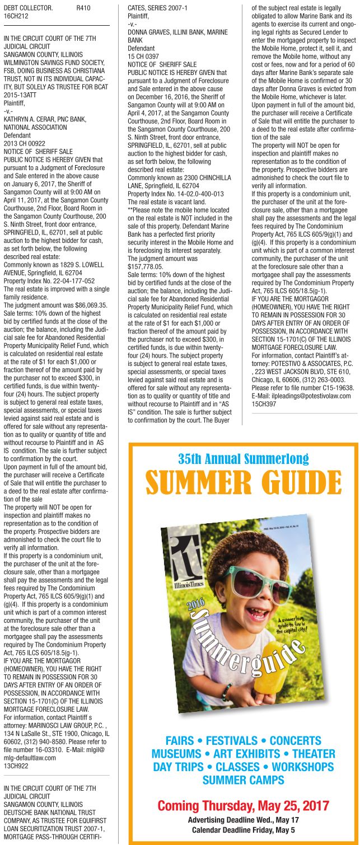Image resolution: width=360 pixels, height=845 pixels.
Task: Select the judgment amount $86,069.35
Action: pos(80,306)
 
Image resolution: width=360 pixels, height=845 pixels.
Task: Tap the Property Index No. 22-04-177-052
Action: pos(49,280)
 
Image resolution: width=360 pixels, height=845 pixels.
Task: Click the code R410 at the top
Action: pos(83,8)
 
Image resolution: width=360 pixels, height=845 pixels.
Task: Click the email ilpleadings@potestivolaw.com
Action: pos(301,396)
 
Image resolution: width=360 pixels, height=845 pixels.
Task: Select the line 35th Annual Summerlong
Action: pos(243,459)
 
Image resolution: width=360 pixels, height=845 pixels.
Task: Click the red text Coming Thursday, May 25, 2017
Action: pos(243,806)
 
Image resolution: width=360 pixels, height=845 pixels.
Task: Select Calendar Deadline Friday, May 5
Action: pos(243,829)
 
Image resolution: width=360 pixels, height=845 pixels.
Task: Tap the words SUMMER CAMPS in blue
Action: pos(243,780)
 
